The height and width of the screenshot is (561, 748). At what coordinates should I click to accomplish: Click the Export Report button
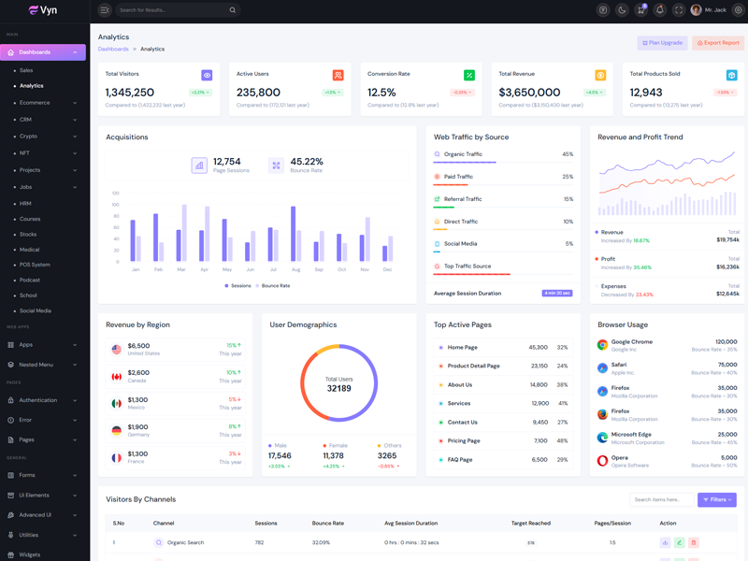click(718, 43)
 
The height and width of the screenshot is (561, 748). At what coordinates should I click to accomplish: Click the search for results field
click(173, 10)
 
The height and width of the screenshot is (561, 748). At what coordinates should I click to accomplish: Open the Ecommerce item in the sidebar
click(35, 102)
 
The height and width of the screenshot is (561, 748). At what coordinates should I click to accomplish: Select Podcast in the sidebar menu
click(30, 280)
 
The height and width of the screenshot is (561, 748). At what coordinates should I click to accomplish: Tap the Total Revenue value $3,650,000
click(529, 93)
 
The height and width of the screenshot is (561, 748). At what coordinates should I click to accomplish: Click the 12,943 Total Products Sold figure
click(646, 93)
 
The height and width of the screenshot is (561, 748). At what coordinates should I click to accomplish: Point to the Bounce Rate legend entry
click(272, 286)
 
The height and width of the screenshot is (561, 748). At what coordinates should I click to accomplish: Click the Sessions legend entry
click(237, 286)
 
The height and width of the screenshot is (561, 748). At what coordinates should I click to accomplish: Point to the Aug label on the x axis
click(295, 269)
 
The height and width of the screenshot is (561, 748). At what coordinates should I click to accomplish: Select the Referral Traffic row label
click(463, 199)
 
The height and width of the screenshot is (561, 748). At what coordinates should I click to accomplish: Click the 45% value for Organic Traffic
click(568, 154)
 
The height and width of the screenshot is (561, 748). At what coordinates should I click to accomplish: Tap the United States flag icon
click(116, 350)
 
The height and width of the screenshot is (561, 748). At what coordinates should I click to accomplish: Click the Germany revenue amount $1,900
click(137, 426)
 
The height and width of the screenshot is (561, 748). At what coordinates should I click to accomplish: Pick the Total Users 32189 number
click(338, 388)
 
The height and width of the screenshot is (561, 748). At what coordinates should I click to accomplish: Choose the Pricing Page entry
click(464, 440)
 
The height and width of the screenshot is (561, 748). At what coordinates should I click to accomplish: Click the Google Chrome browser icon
click(602, 345)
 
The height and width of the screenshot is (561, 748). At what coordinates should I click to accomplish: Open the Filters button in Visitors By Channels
click(717, 500)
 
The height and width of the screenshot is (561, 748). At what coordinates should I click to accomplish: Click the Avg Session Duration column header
click(410, 524)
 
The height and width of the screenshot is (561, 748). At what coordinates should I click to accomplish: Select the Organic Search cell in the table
click(185, 542)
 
